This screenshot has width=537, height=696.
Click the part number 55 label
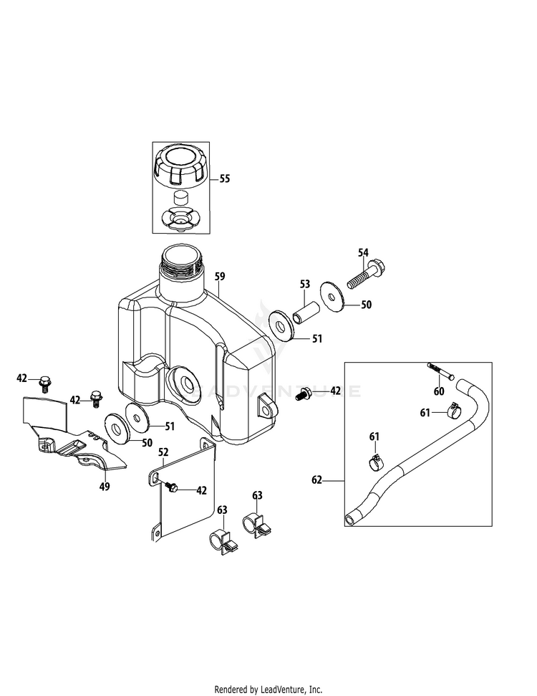pyautogui.click(x=225, y=179)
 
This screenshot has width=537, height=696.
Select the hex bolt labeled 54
pyautogui.click(x=366, y=275)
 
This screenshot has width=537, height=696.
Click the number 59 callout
pyautogui.click(x=220, y=276)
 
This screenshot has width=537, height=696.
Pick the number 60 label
pyautogui.click(x=438, y=391)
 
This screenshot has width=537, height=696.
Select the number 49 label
pyautogui.click(x=105, y=487)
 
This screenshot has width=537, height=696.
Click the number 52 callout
pyautogui.click(x=163, y=452)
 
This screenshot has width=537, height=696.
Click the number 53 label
pyautogui.click(x=304, y=285)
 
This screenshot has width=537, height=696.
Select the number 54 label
pyautogui.click(x=363, y=252)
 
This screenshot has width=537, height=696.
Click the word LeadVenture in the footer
pyautogui.click(x=282, y=690)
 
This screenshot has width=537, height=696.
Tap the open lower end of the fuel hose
pyautogui.click(x=349, y=518)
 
